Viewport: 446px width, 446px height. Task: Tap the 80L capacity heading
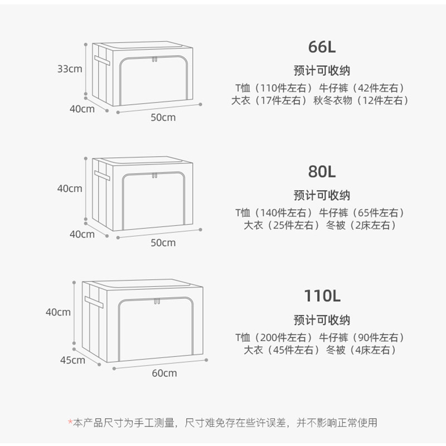pos(322,171)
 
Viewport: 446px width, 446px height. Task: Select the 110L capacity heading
pos(322,295)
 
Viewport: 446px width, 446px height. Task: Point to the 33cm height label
pos(70,69)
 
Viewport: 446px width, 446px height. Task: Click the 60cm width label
pos(164,373)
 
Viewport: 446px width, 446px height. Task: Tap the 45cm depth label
pos(72,360)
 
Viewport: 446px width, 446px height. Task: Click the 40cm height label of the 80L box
pos(70,188)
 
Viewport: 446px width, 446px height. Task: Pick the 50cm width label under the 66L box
pos(163,118)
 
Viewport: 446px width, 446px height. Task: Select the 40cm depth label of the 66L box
pos(82,109)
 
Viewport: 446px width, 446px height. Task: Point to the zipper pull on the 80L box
pos(154,177)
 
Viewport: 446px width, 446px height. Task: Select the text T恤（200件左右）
pos(274,337)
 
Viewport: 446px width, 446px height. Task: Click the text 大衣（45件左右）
pos(282,350)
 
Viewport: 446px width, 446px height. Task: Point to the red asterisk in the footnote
pos(70,423)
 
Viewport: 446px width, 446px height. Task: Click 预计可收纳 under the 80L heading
pos(322,195)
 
